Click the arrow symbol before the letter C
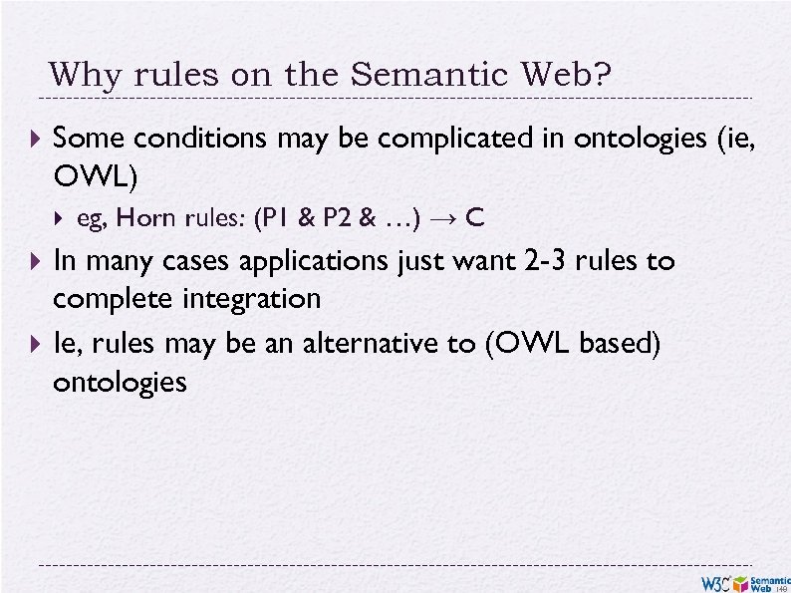coord(444,218)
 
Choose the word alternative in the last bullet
coord(357,344)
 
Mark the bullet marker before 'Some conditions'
coord(38,139)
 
